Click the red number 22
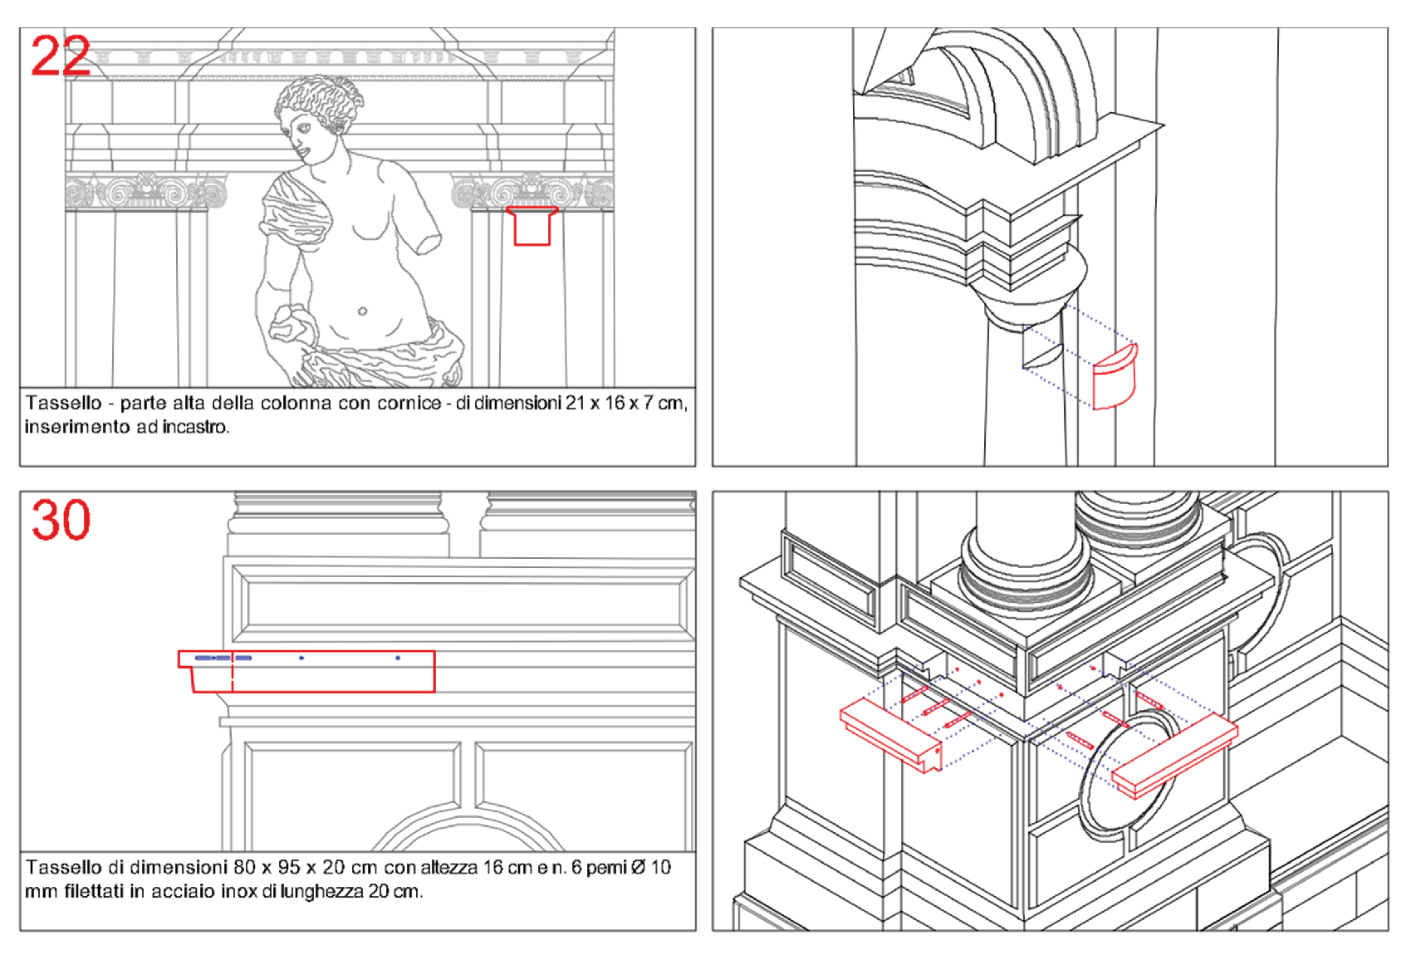(61, 56)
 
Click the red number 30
(61, 520)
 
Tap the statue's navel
(362, 311)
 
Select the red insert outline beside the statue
(532, 226)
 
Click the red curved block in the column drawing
(1115, 377)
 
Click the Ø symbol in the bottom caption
(638, 868)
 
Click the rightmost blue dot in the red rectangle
(398, 658)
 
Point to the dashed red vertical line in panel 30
(232, 671)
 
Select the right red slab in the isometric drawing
(1174, 756)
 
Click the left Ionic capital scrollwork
(145, 192)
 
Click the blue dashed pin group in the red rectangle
(223, 658)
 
